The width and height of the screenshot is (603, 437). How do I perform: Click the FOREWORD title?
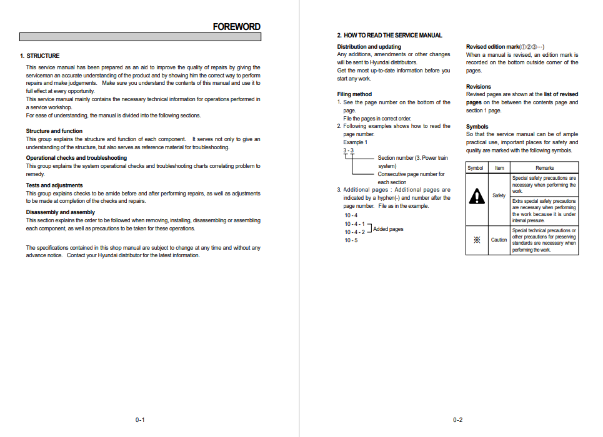point(236,26)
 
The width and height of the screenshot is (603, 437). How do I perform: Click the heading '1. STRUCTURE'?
point(40,56)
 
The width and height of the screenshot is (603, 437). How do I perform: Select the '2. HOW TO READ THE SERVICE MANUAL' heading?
point(389,36)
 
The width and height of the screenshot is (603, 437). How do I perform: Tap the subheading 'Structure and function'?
point(54,131)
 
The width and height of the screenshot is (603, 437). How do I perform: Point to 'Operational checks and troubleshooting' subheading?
point(76,158)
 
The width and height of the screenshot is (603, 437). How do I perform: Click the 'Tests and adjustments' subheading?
point(54,185)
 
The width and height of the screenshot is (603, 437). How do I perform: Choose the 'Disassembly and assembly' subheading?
point(61,212)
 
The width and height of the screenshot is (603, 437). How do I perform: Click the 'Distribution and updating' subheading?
point(369,47)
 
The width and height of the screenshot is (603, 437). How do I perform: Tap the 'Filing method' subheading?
point(354,94)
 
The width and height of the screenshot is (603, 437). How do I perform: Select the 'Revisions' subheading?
point(479,87)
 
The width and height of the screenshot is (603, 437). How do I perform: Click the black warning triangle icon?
point(477,196)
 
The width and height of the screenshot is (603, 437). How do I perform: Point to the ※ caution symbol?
point(477,240)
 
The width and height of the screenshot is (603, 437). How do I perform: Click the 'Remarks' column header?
point(544,168)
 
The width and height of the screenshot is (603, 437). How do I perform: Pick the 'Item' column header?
point(499,168)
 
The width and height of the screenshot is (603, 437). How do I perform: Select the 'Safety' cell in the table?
point(499,195)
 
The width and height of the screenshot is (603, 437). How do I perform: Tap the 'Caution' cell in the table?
point(499,240)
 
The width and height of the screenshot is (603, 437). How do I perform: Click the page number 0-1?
point(140,420)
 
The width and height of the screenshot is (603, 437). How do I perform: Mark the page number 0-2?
point(458,420)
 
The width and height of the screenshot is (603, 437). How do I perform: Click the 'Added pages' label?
point(388,229)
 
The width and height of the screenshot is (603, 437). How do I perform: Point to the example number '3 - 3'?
point(348,150)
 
